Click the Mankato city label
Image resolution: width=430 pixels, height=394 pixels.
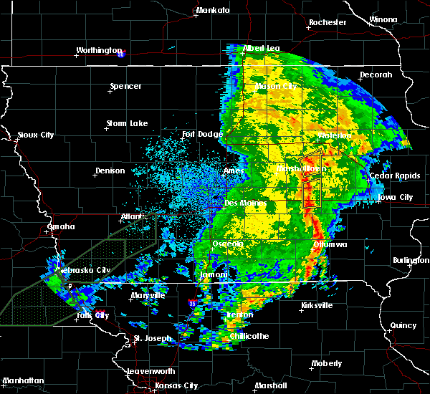click(x=213, y=11)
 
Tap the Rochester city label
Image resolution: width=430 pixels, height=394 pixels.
click(x=328, y=22)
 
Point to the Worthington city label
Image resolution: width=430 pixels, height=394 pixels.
click(x=100, y=50)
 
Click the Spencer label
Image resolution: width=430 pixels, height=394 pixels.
click(x=125, y=87)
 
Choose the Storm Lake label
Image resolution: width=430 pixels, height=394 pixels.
click(x=127, y=123)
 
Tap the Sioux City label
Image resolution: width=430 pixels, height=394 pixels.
click(x=35, y=135)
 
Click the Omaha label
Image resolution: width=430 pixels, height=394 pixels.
click(x=60, y=226)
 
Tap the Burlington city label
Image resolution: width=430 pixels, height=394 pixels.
click(x=411, y=261)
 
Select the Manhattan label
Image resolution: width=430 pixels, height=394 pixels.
click(x=24, y=380)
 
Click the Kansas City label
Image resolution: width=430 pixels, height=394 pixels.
click(x=177, y=385)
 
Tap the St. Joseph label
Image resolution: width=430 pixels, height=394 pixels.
click(x=151, y=338)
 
